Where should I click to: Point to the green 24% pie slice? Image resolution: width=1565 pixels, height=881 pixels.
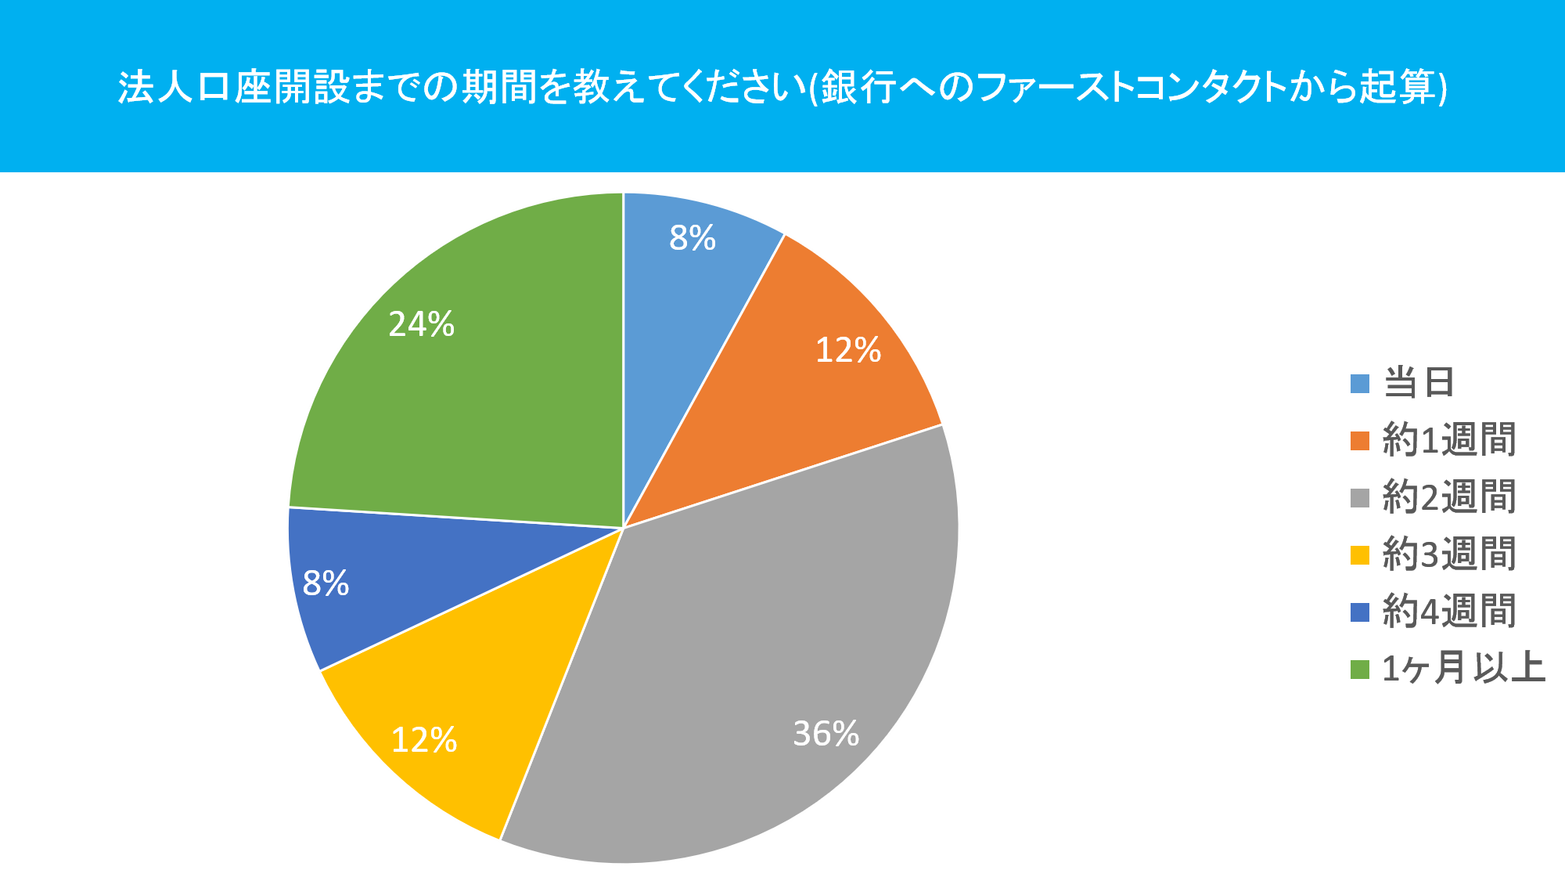tap(485, 392)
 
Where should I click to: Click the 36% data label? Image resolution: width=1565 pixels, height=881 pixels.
tap(826, 734)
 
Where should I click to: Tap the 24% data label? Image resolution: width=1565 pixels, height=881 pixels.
tap(421, 324)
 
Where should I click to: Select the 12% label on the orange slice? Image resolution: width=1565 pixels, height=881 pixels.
tap(848, 350)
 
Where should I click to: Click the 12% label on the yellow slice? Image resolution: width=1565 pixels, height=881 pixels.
tap(423, 740)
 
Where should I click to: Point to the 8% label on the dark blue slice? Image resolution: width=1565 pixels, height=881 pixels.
tap(326, 583)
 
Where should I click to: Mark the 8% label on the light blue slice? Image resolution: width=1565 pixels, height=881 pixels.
tap(693, 238)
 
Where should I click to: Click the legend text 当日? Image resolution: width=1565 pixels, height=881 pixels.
tap(1419, 383)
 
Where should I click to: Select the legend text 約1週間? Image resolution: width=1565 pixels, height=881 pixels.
tap(1449, 440)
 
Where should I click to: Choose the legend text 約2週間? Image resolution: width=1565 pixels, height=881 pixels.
tap(1449, 497)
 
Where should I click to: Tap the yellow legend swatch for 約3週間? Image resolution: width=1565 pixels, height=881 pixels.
tap(1360, 555)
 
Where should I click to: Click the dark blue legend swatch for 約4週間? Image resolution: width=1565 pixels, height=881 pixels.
tap(1360, 612)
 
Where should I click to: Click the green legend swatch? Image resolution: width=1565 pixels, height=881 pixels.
tap(1360, 670)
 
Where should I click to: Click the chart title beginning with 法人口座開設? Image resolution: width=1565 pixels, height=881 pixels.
tap(782, 87)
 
